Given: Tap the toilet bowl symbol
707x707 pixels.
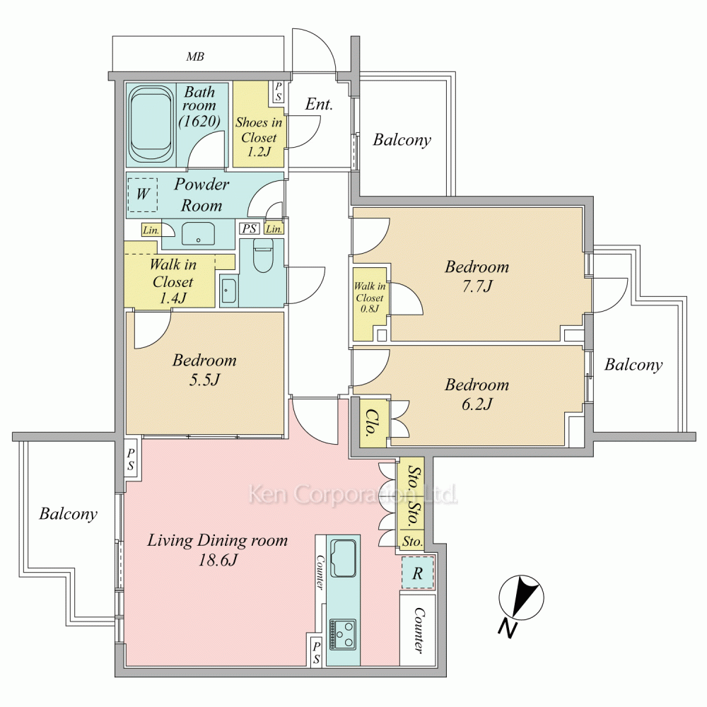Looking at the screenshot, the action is [263, 255].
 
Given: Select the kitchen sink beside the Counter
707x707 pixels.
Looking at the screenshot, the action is [344, 558].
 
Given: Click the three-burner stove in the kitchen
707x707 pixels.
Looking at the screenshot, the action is [343, 634].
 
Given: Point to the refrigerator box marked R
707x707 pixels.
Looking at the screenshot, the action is [418, 573].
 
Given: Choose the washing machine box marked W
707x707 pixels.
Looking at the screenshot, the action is [143, 195].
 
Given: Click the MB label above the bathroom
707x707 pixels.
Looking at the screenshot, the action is [195, 57].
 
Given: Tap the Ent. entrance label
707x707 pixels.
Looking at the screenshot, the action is [319, 104].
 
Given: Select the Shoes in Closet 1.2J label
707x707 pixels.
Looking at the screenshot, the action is [259, 136].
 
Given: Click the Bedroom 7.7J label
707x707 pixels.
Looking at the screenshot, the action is [477, 276].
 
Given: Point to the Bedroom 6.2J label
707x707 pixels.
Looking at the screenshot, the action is [477, 394].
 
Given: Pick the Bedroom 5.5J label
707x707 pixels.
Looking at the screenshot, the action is [204, 369].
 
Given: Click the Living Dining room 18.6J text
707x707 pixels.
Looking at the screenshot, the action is [217, 549].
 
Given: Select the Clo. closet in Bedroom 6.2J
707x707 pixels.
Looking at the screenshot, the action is [373, 423].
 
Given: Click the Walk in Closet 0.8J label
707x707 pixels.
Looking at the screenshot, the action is [370, 297].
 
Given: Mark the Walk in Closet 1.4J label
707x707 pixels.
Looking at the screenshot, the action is [173, 281].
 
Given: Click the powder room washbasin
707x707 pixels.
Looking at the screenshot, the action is [198, 233].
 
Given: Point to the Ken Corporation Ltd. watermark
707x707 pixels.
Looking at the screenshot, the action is [353, 494].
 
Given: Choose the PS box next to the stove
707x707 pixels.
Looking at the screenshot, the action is [316, 653].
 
